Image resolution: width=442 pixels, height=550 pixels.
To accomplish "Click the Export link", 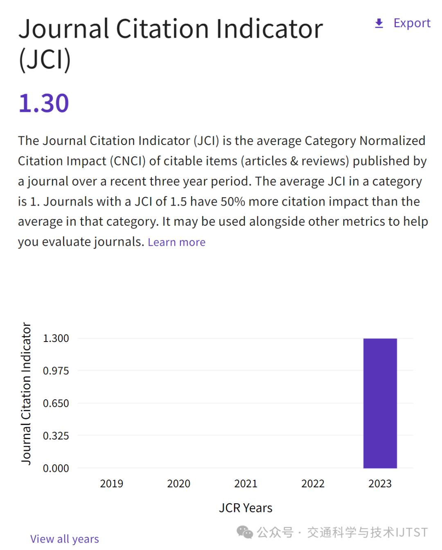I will click(412, 23).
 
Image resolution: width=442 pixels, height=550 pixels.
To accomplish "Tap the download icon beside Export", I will click(379, 23).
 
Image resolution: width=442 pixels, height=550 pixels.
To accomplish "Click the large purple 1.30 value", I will click(44, 103).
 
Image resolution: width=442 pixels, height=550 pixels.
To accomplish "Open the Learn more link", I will click(176, 242).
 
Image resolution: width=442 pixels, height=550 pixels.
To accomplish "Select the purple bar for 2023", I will click(380, 403).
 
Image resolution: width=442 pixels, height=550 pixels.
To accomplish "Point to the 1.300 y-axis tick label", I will click(56, 338).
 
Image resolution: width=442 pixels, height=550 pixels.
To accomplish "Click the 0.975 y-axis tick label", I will click(56, 371).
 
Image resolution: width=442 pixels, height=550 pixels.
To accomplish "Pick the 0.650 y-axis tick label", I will click(56, 403).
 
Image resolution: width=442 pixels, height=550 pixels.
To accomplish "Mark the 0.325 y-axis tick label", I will click(56, 436).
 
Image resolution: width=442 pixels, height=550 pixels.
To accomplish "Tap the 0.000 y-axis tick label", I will click(56, 468).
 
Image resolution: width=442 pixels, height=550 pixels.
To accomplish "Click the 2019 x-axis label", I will click(111, 484).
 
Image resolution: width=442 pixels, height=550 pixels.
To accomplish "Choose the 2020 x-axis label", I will click(178, 484).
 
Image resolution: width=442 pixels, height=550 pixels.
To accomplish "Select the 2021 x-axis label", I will click(246, 484).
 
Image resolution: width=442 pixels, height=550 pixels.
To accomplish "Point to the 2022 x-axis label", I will click(313, 484).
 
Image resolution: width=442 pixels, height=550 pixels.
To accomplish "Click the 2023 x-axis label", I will click(380, 484).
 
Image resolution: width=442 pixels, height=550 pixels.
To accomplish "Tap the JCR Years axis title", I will click(246, 508).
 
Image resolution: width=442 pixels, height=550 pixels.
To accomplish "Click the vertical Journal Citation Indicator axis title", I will click(26, 393).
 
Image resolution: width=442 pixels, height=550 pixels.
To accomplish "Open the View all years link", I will click(65, 539).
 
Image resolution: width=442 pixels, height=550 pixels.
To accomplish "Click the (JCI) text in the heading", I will click(45, 60).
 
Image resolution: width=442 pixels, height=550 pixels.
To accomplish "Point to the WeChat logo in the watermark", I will click(245, 532).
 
